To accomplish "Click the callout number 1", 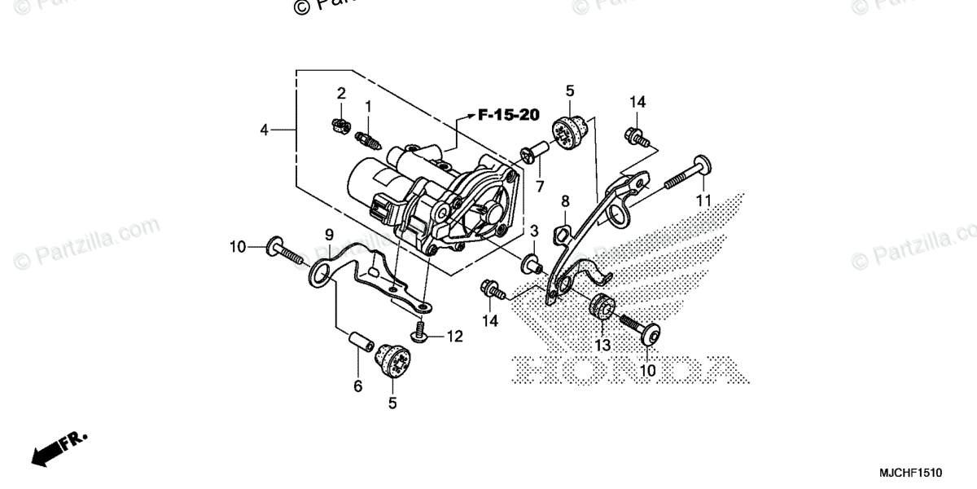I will (x=368, y=106).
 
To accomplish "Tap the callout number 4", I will (x=264, y=129).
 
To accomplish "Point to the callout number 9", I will (x=329, y=235).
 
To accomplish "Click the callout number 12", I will (x=454, y=336).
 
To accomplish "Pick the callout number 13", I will (x=603, y=345).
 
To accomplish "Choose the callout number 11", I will (x=703, y=200).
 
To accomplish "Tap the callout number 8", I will (x=565, y=200).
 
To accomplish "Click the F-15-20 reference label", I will (x=508, y=115).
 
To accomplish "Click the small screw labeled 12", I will (x=421, y=332).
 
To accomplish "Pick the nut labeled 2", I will (x=342, y=124).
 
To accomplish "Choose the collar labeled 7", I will (x=532, y=152).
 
